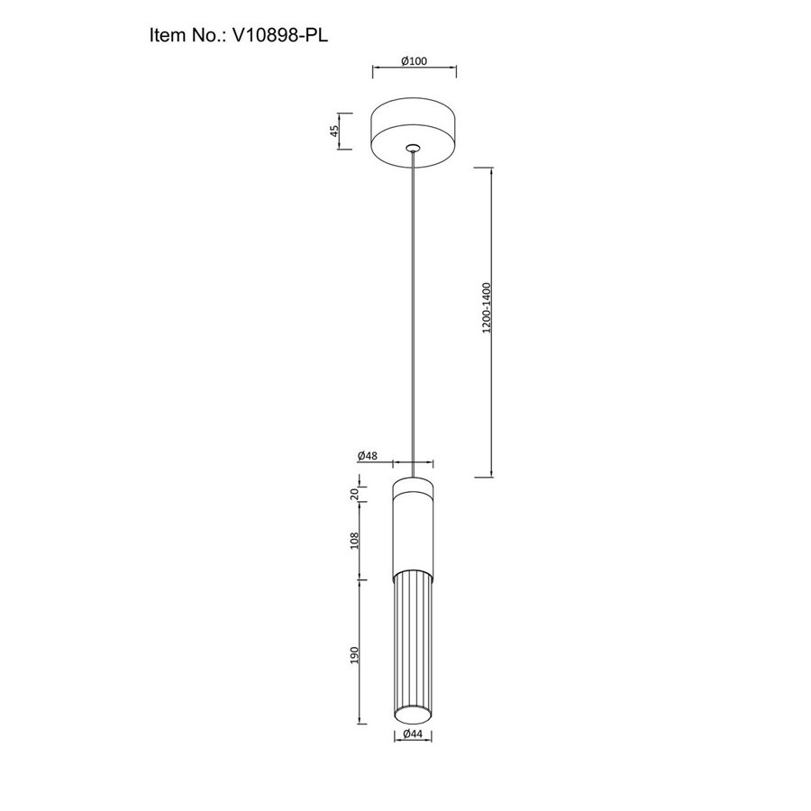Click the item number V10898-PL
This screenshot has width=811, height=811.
pyautogui.click(x=280, y=35)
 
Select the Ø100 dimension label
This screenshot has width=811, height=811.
pyautogui.click(x=415, y=61)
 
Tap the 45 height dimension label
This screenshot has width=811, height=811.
pyautogui.click(x=334, y=131)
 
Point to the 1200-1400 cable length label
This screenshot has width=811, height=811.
pyautogui.click(x=487, y=308)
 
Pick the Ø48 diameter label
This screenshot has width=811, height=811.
pyautogui.click(x=368, y=456)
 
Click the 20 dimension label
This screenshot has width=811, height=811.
pyautogui.click(x=355, y=494)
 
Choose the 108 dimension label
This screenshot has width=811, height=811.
pyautogui.click(x=354, y=541)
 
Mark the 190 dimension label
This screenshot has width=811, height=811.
pyautogui.click(x=354, y=655)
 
